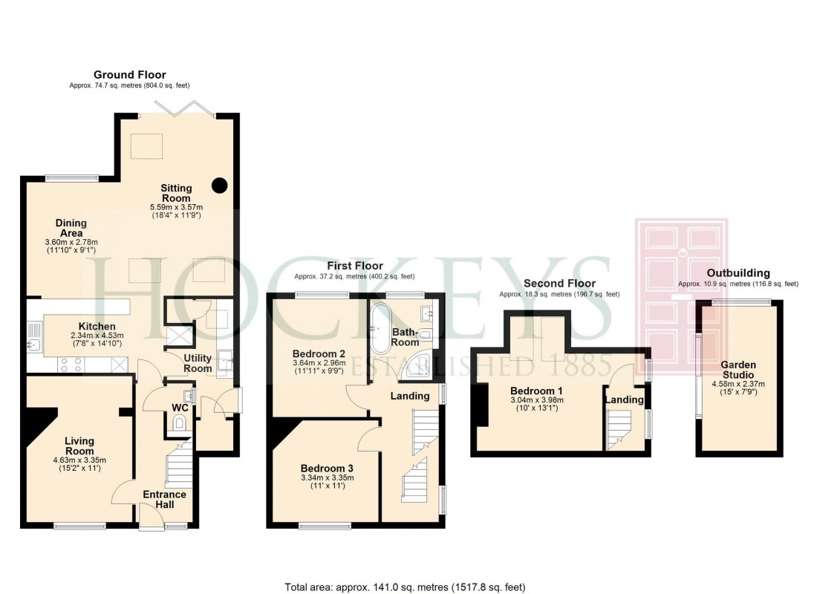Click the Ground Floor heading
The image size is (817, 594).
pos(129,75)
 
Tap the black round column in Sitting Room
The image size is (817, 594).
pos(219,185)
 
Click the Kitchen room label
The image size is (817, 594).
pos(97,327)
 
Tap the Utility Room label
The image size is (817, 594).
pos(198,363)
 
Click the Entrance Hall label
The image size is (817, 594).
pos(164,499)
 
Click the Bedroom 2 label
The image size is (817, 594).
pos(319,352)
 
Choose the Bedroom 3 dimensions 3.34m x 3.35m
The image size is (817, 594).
pos(326,478)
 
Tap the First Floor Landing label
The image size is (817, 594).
pos(410,396)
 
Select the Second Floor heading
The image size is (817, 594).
pos(559,284)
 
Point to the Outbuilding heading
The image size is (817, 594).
pos(738,273)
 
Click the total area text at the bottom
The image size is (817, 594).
pos(405,587)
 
